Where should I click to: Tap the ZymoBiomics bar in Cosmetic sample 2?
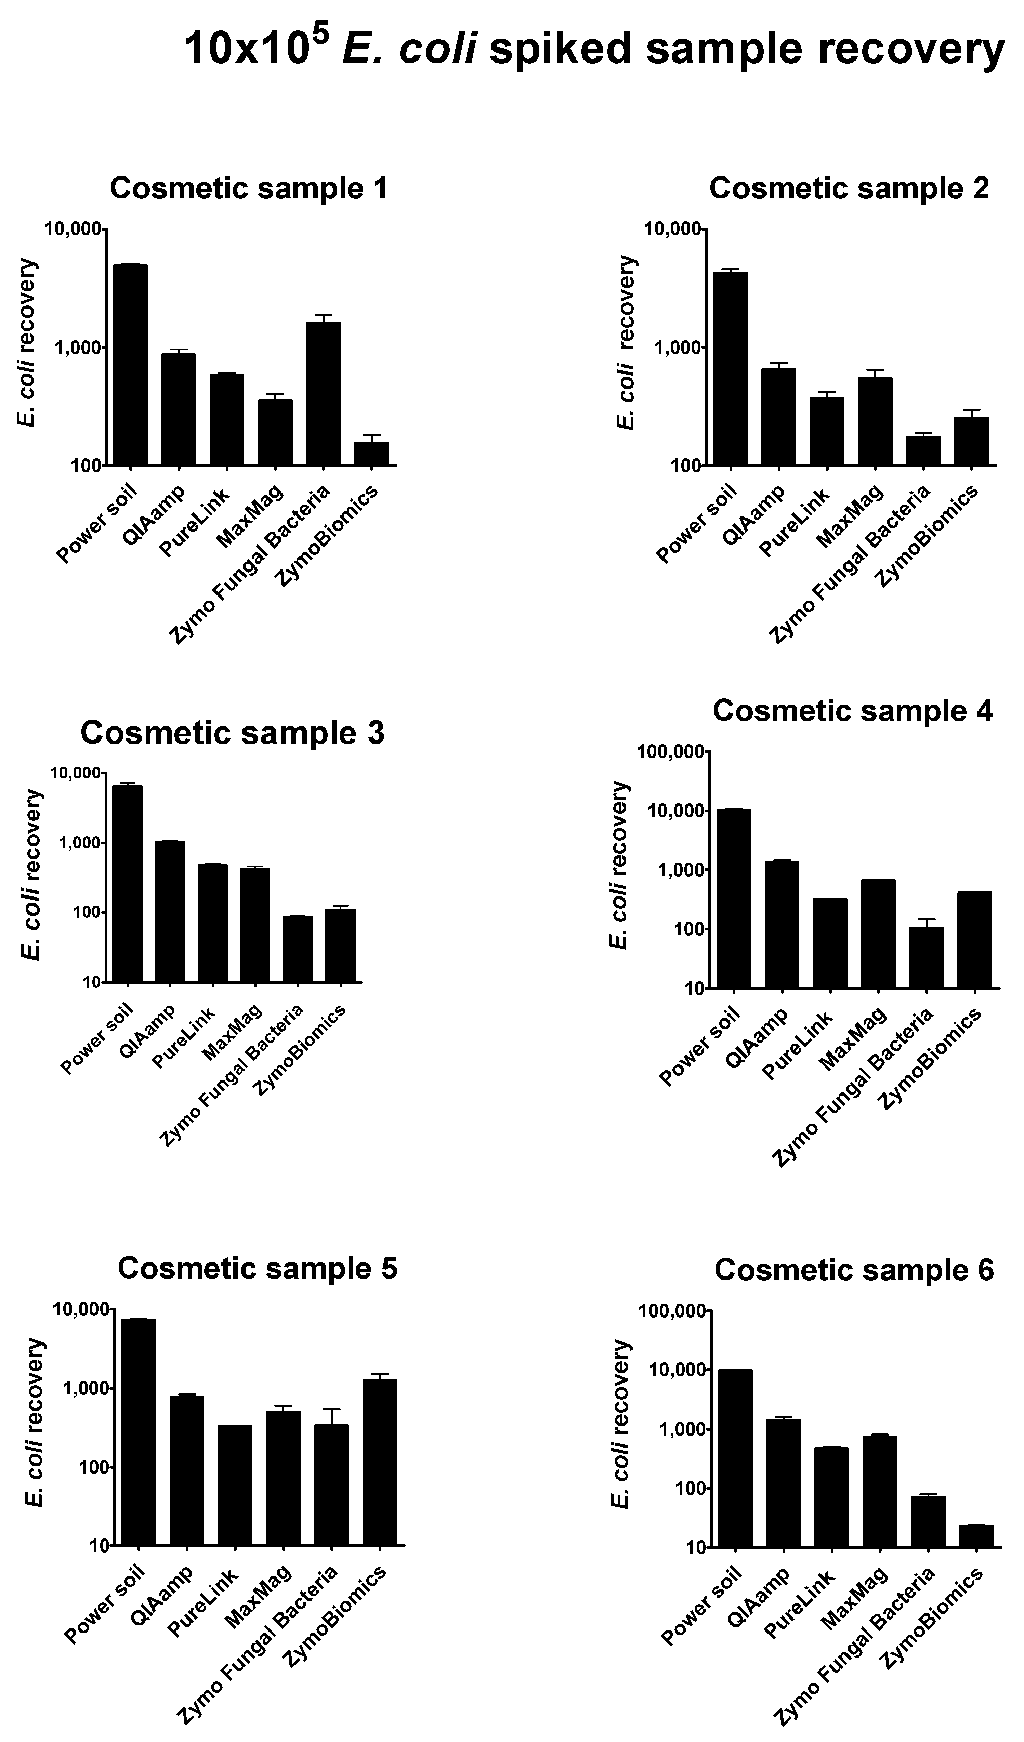click(x=971, y=441)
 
